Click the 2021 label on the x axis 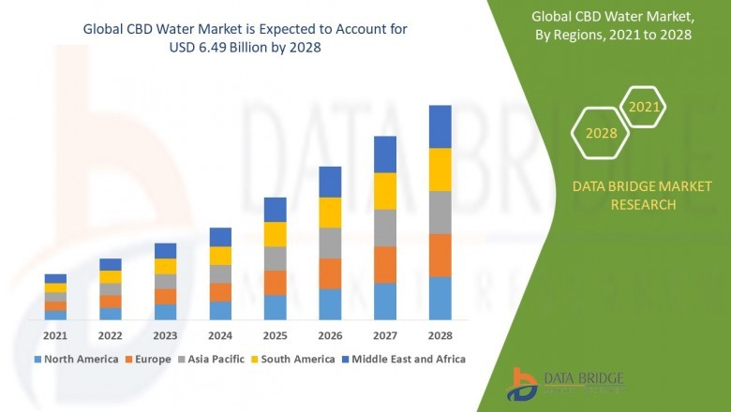[x=55, y=335]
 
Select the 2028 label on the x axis [x=440, y=335]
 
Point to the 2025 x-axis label [x=275, y=335]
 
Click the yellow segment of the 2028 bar [x=440, y=169]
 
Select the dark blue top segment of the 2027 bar [x=384, y=154]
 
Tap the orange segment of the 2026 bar [x=330, y=273]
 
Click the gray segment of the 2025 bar [x=275, y=258]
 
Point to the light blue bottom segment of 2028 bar [x=440, y=298]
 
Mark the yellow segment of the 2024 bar [x=220, y=256]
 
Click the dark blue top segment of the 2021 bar [x=55, y=278]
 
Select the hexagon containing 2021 [x=644, y=108]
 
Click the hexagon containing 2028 [x=601, y=133]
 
